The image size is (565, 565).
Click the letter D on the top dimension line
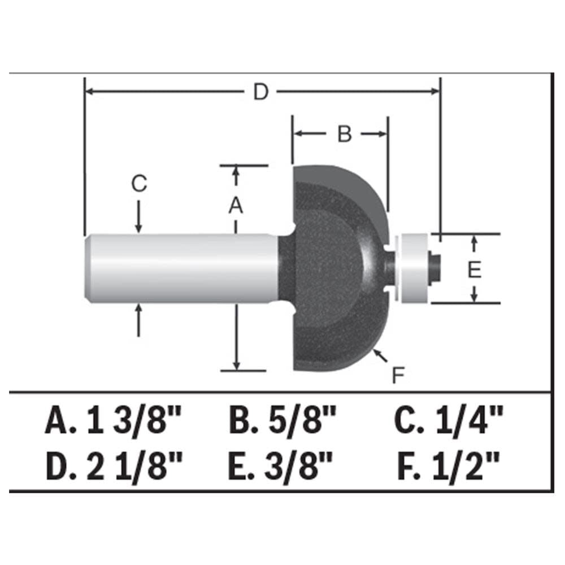(260, 92)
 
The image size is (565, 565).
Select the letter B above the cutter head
(344, 134)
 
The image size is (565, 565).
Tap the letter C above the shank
(139, 184)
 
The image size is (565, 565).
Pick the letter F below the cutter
(399, 375)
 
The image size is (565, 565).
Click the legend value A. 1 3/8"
(114, 421)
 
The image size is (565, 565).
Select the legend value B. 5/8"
(282, 421)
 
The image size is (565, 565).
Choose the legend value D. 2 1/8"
(114, 468)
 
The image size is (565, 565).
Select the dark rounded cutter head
(333, 266)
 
